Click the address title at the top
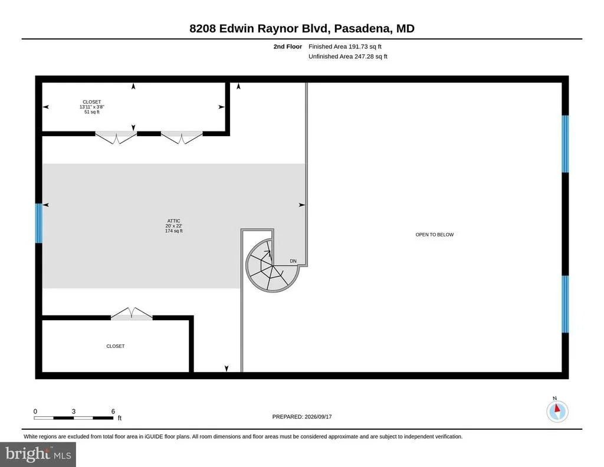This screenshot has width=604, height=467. (301, 28)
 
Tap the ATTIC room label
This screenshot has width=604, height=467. (174, 221)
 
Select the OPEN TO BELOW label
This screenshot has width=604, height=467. (435, 235)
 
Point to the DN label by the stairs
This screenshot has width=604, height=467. (293, 261)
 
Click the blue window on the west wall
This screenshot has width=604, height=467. (38, 223)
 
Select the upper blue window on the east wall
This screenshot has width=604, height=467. (565, 144)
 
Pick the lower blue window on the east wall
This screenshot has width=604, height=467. (565, 304)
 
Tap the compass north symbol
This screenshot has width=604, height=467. (557, 411)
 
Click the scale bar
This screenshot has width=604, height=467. (74, 417)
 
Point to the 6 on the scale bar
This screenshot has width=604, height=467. (113, 411)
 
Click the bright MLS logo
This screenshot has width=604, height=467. (38, 454)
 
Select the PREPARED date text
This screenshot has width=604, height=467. (302, 416)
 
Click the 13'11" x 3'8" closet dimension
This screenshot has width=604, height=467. (91, 107)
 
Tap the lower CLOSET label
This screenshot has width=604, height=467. (116, 346)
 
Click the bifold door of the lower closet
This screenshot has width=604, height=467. (132, 313)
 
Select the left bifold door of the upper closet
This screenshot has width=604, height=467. (116, 137)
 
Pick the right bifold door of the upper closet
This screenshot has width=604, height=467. (182, 137)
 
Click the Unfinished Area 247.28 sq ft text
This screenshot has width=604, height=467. (348, 56)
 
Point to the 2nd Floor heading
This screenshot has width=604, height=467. (288, 47)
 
